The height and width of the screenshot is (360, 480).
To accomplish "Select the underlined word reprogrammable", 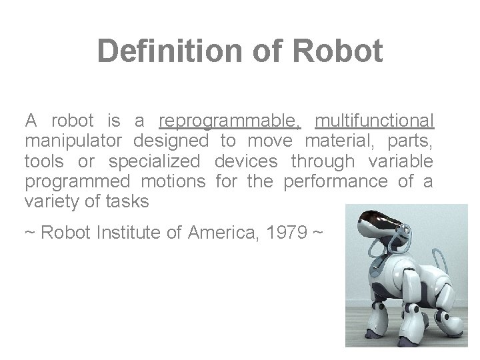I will coord(230,122).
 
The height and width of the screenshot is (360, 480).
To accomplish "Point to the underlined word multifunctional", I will coord(375,122).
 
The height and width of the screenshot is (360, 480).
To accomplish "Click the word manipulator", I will coord(73,141).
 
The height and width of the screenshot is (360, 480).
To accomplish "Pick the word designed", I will coord(171,141).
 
